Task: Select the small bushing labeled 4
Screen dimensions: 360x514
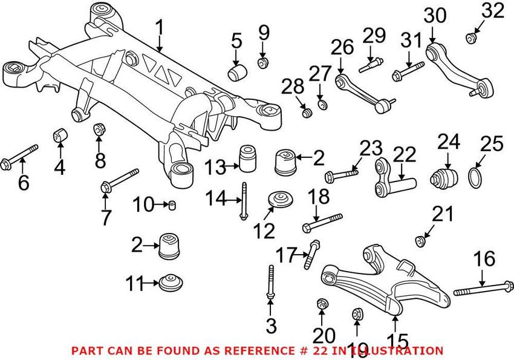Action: pos(60,134)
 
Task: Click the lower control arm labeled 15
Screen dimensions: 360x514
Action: pos(387,284)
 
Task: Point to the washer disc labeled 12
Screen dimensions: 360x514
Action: pos(279,199)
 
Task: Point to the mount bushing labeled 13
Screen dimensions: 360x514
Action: pos(246,156)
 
